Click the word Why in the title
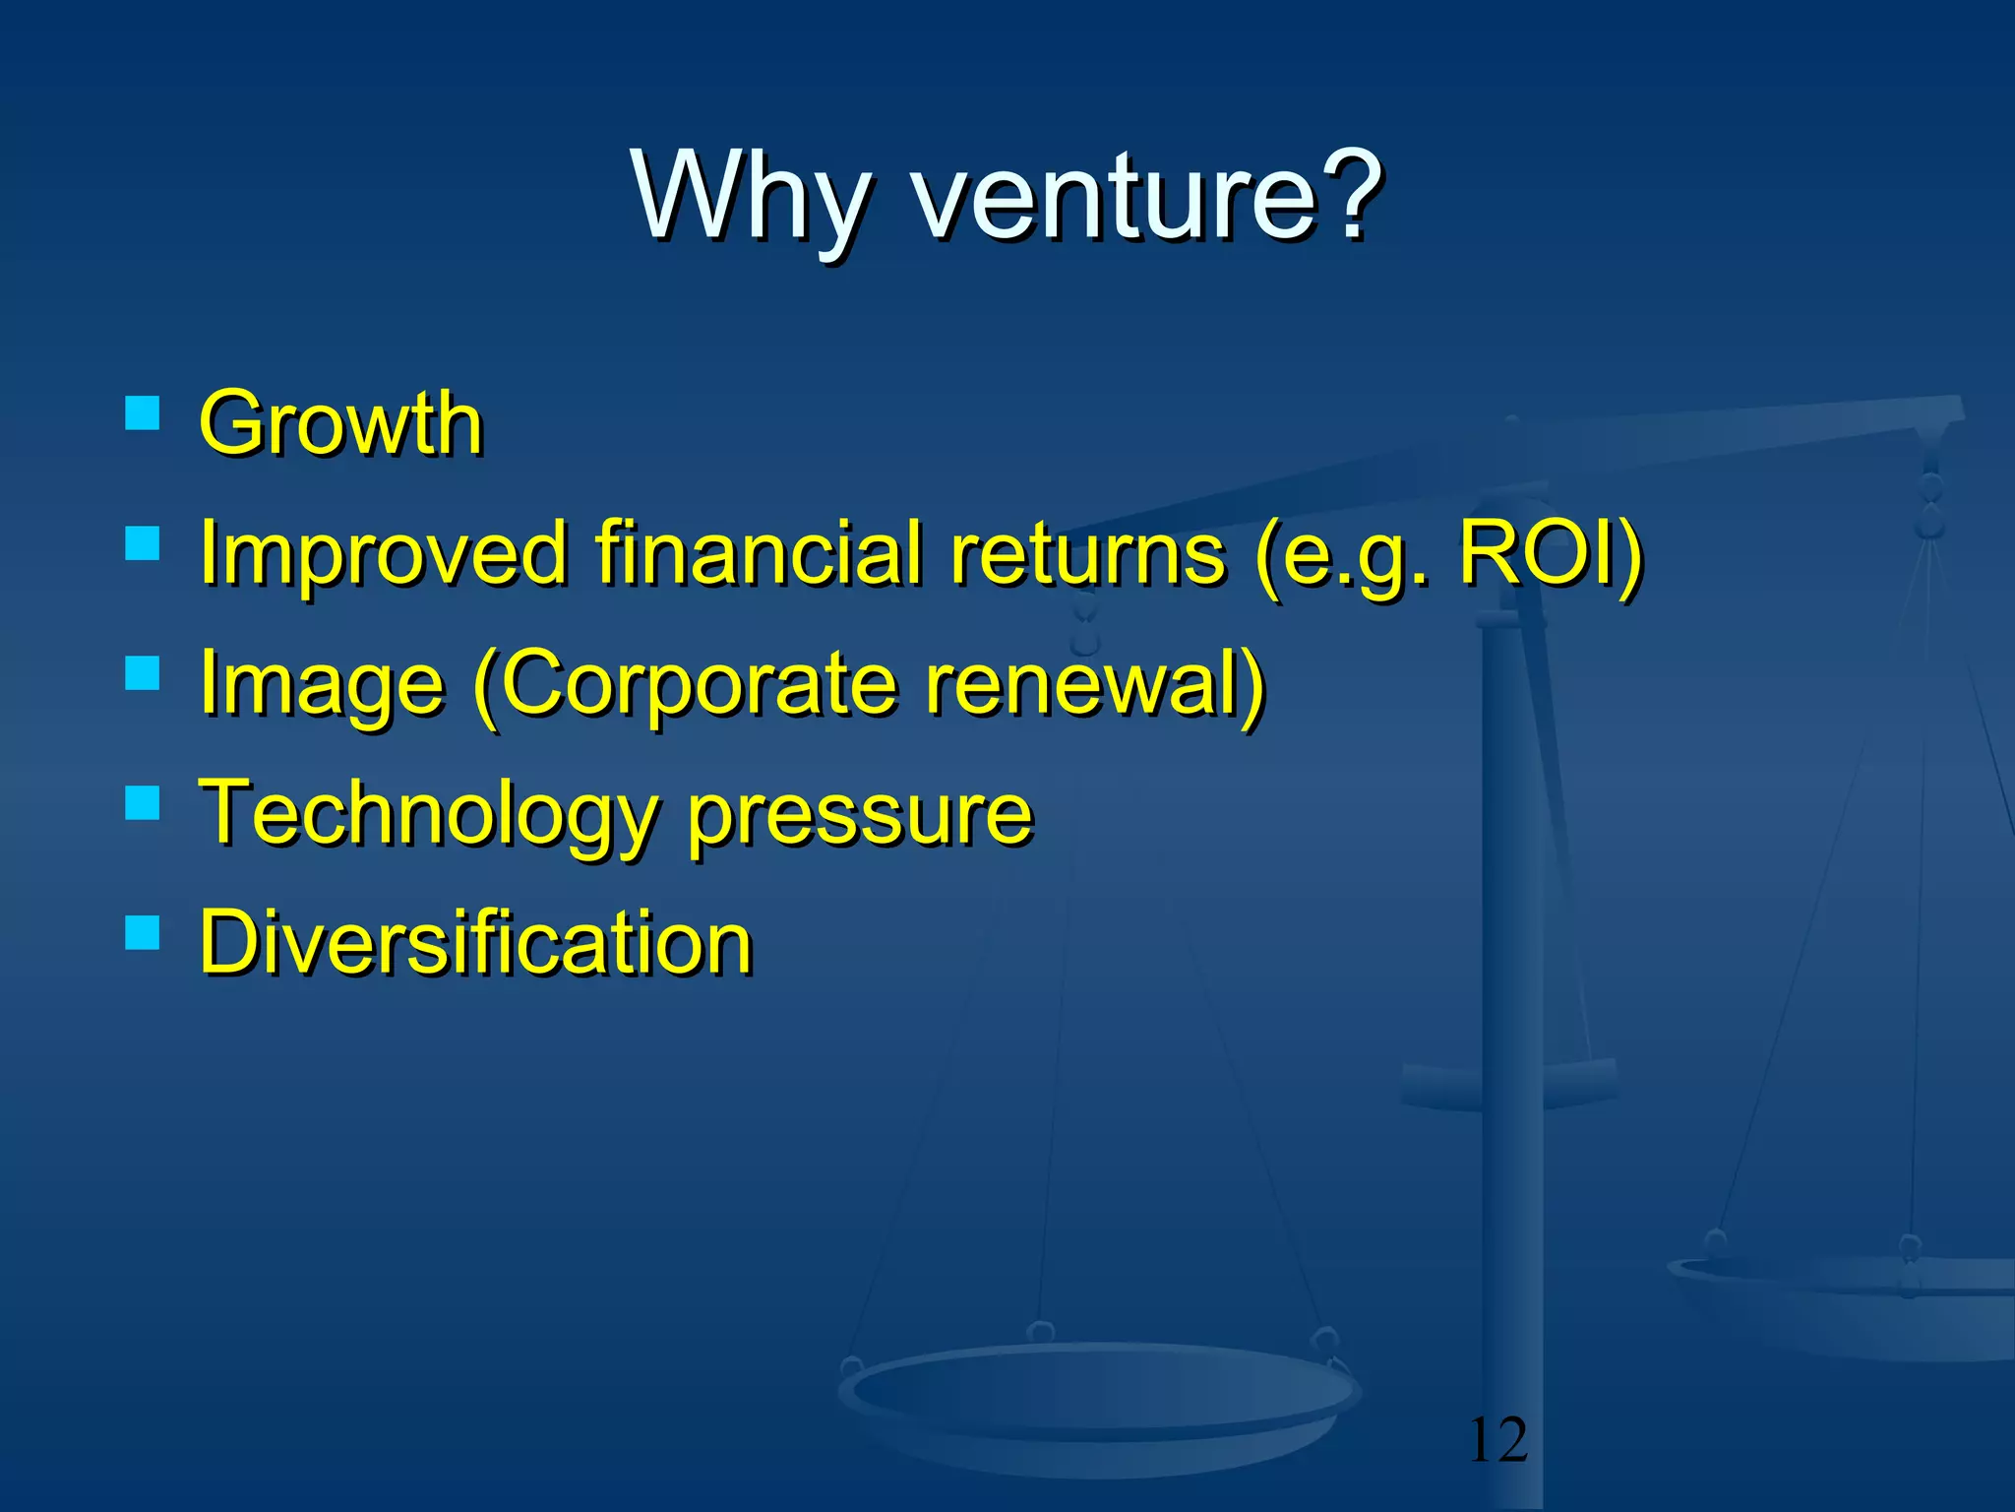pyautogui.click(x=752, y=197)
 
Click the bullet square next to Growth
pyautogui.click(x=143, y=412)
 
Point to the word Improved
pyautogui.click(x=384, y=554)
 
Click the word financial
pyautogui.click(x=758, y=554)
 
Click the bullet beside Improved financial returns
pyautogui.click(x=143, y=542)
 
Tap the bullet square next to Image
pyautogui.click(x=143, y=673)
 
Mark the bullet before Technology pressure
pyautogui.click(x=143, y=803)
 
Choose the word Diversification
pyautogui.click(x=476, y=943)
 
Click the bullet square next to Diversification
pyautogui.click(x=143, y=931)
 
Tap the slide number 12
pyautogui.click(x=1497, y=1440)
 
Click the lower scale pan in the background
pyautogui.click(x=1100, y=1398)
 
